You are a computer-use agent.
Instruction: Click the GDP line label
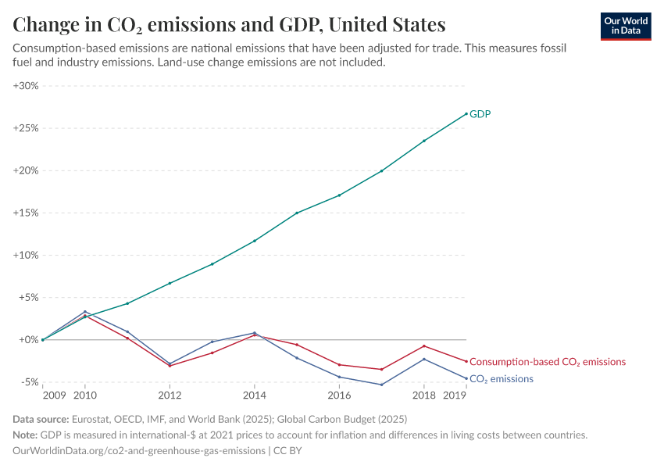tap(480, 114)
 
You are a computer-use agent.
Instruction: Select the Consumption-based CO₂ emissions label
tap(548, 362)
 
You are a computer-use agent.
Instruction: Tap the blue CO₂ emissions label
tap(501, 379)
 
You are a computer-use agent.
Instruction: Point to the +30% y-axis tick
tap(26, 86)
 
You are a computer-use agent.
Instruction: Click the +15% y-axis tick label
tap(26, 213)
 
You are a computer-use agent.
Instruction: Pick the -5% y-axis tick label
tap(28, 382)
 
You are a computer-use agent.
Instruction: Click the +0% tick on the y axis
tap(28, 340)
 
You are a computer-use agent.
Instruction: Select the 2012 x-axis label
tap(170, 395)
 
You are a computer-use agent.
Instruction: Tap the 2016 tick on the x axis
tap(339, 395)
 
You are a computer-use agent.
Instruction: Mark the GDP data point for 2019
tap(466, 113)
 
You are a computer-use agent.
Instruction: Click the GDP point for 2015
tap(297, 213)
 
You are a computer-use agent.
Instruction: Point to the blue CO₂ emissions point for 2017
tap(381, 385)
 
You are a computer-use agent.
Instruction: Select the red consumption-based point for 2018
tap(423, 346)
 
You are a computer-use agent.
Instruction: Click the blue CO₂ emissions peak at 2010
tap(85, 312)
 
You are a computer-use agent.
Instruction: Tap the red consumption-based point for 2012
tap(170, 366)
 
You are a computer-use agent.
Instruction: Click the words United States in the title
tap(387, 24)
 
